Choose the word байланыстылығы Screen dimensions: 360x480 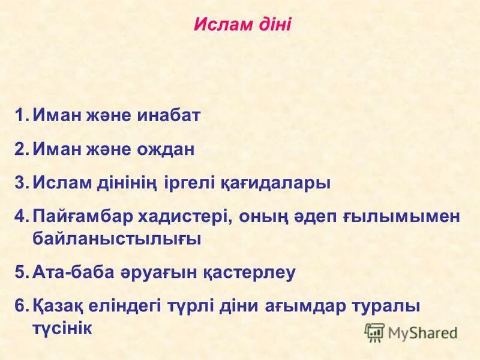116,239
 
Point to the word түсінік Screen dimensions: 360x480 61,328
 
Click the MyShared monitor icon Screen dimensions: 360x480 374,332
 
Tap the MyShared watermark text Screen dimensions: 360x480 422,332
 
